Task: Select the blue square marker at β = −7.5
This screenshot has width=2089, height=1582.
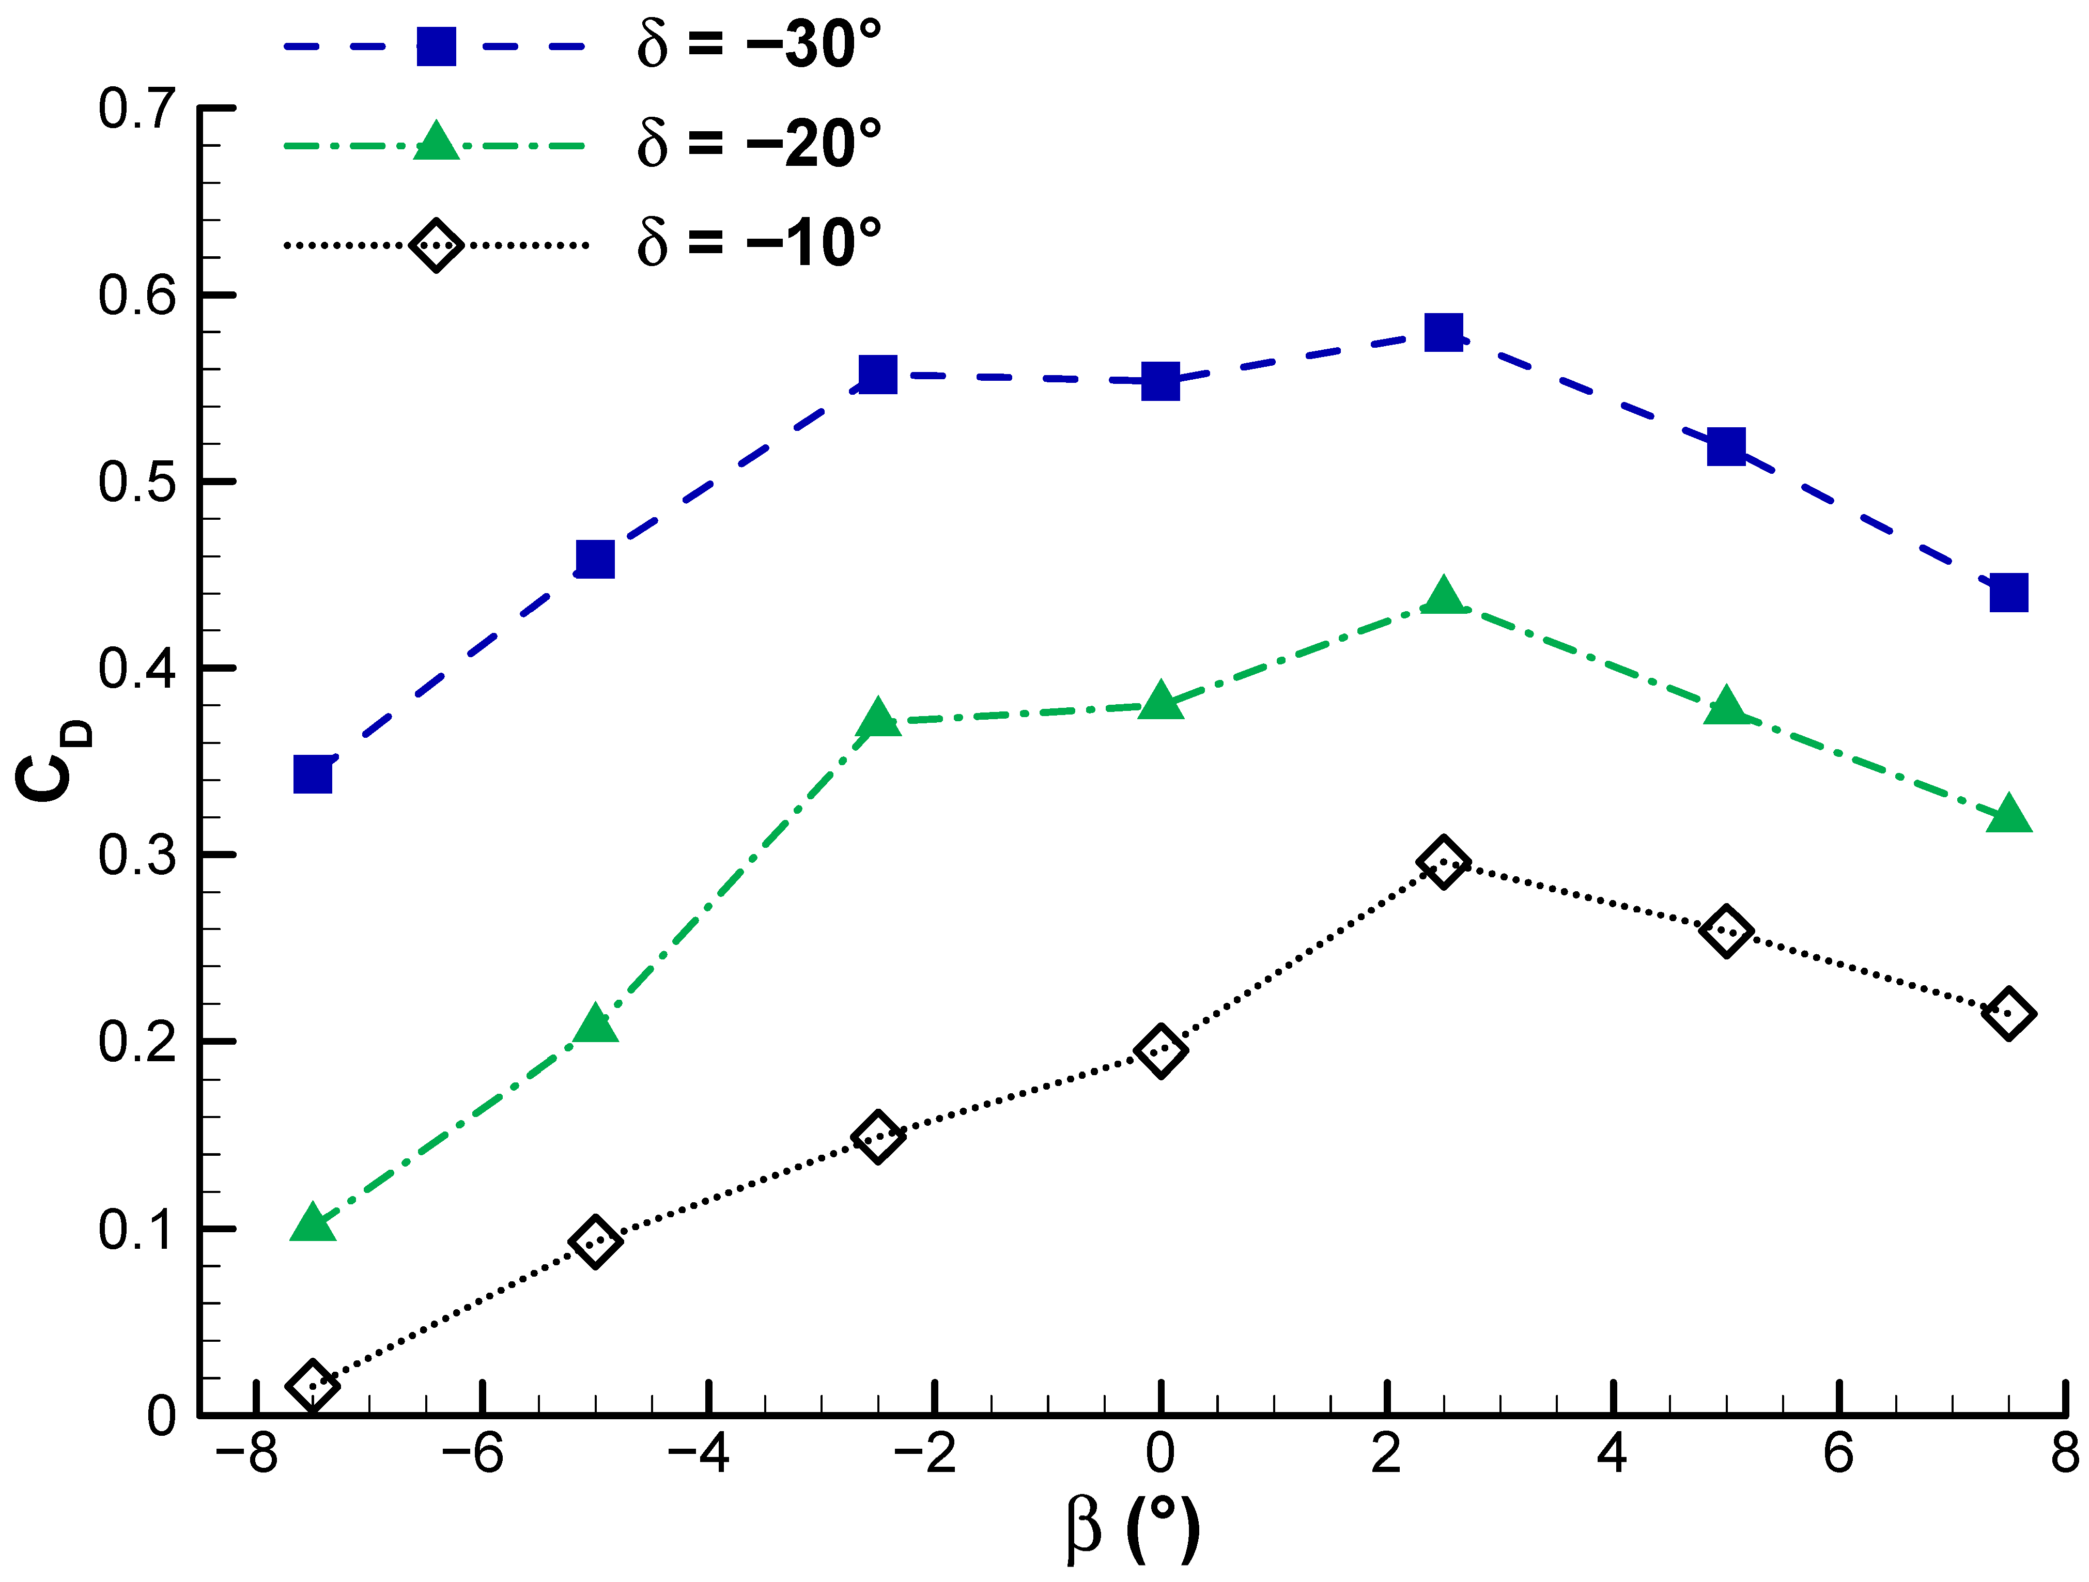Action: (x=313, y=774)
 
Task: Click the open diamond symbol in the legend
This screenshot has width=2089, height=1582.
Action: (x=436, y=245)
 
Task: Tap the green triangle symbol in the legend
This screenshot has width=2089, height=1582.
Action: (x=436, y=142)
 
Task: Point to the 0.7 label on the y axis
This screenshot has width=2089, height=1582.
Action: (x=137, y=108)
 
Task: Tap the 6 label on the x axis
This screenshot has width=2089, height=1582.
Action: (x=1838, y=1453)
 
